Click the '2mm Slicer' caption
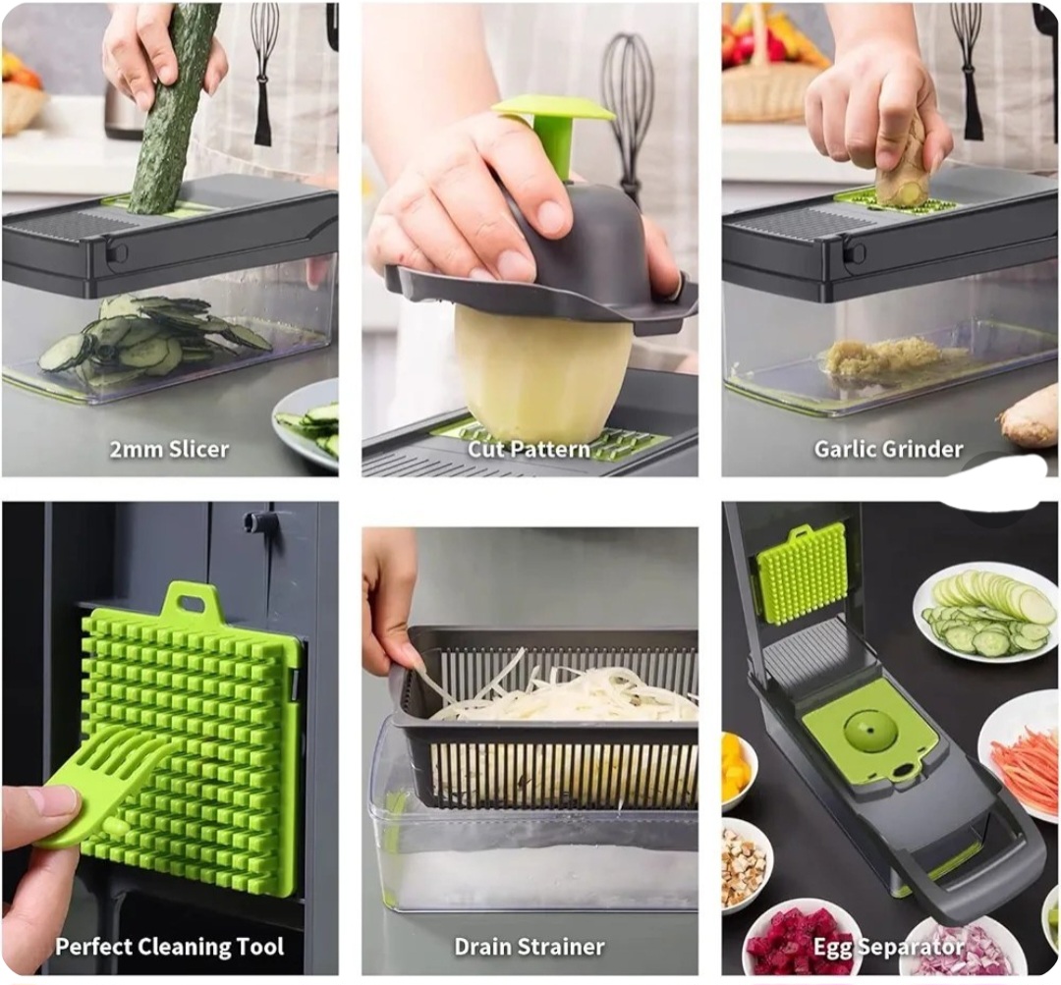(x=169, y=449)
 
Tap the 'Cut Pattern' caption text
(x=530, y=449)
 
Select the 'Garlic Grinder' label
(x=888, y=449)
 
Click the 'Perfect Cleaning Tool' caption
(x=169, y=947)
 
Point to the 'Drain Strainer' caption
(x=530, y=947)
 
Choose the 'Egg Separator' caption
(x=888, y=947)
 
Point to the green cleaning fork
(x=101, y=791)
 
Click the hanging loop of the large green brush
(x=191, y=598)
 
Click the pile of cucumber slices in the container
(x=152, y=342)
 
